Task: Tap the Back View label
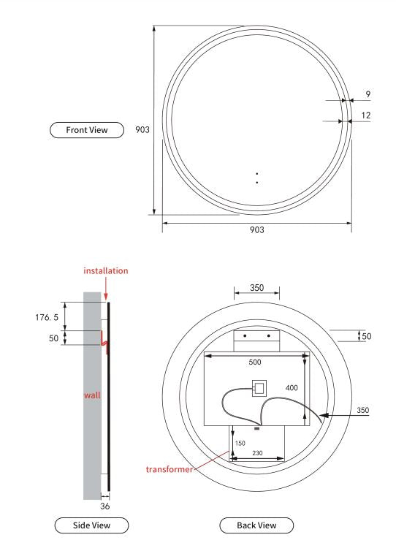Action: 256,525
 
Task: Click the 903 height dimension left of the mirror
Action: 143,129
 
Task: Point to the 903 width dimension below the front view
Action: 256,229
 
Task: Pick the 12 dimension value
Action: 366,115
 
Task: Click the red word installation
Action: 106,270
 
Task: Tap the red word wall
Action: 92,395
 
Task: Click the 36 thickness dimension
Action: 105,506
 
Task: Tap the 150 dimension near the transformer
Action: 240,443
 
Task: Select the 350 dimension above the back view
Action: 256,288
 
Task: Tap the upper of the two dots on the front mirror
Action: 257,174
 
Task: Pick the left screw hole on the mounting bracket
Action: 245,336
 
